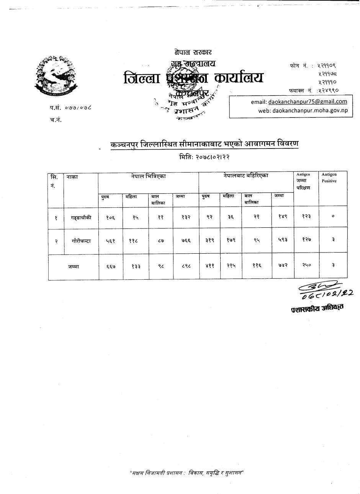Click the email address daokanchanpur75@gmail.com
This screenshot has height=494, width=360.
(x=308, y=102)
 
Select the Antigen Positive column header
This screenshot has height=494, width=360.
(x=329, y=178)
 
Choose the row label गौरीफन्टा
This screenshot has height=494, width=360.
(x=81, y=241)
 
